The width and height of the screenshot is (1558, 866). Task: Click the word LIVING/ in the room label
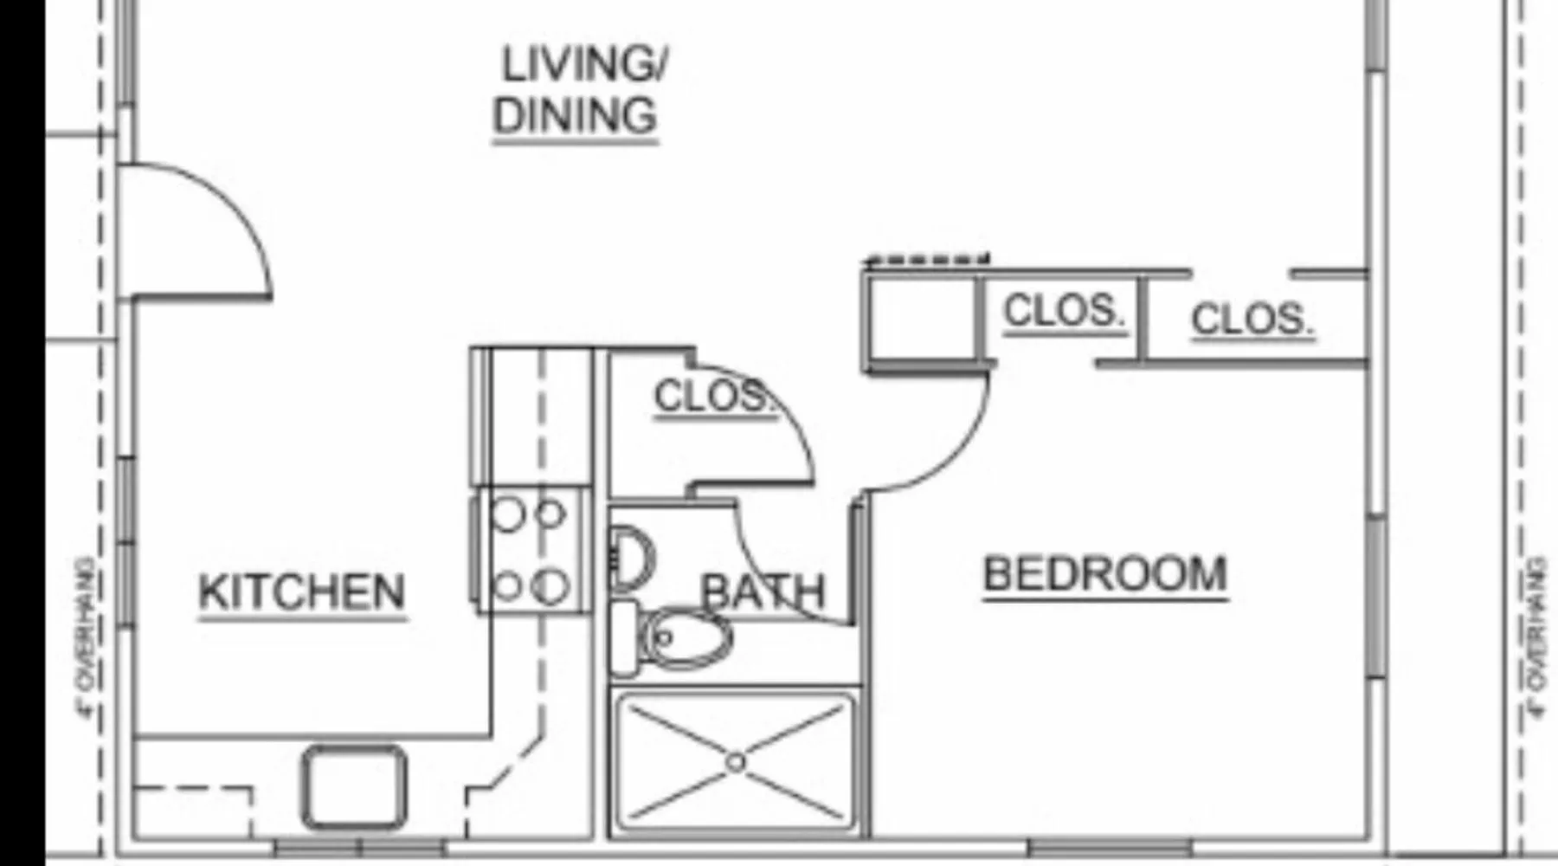[x=585, y=64]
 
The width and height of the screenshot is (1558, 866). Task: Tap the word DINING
[x=576, y=115]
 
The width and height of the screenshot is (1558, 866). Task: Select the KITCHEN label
[x=302, y=592]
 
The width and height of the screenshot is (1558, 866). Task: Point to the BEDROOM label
[x=1105, y=574]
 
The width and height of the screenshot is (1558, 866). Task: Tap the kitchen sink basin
[x=354, y=786]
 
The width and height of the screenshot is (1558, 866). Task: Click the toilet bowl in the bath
[x=688, y=638]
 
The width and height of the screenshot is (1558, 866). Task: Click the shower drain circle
[x=736, y=763]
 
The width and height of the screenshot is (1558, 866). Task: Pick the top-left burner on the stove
[x=508, y=515]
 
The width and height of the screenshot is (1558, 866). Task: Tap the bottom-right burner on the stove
[x=550, y=587]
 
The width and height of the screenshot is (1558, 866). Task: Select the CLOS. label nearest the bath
[x=711, y=397]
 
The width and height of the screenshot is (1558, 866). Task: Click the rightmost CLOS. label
[x=1252, y=320]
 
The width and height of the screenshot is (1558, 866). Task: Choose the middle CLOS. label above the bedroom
[x=1064, y=311]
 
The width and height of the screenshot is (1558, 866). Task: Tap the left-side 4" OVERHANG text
[x=87, y=638]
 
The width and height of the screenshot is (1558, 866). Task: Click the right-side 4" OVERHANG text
[x=1537, y=637]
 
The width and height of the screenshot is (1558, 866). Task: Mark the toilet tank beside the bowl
[x=624, y=638]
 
